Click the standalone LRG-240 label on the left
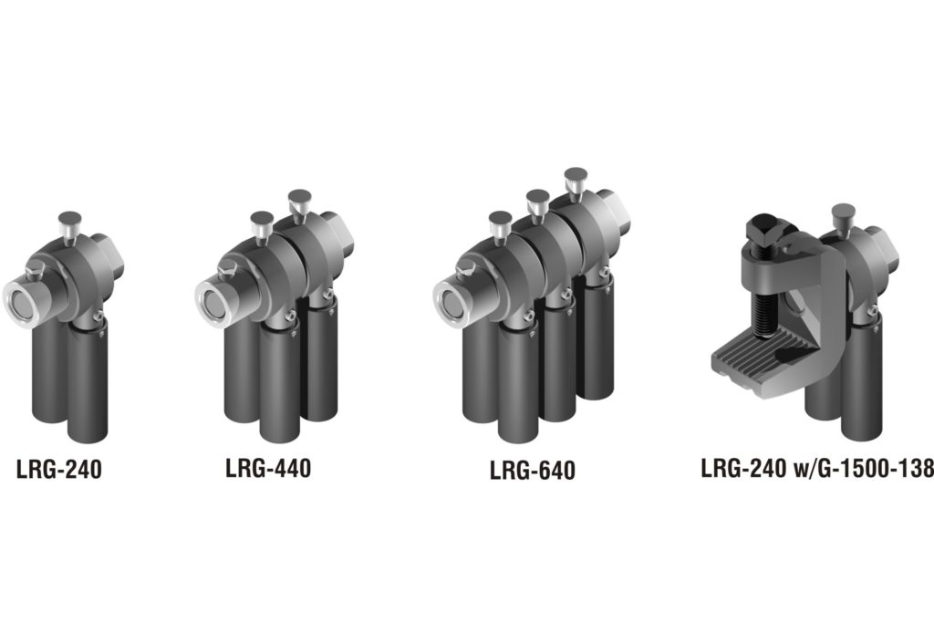click(58, 470)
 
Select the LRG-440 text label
click(267, 468)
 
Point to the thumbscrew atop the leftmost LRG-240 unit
click(68, 223)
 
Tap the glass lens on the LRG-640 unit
click(449, 301)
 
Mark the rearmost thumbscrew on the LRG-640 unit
click(576, 179)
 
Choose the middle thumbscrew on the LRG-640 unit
click(538, 201)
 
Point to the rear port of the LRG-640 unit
click(622, 212)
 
